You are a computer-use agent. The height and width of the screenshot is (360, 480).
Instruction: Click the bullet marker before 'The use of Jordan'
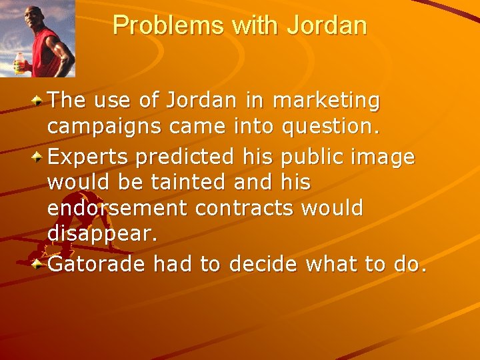pyautogui.click(x=39, y=101)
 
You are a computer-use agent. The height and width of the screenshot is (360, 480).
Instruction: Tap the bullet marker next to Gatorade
pyautogui.click(x=39, y=264)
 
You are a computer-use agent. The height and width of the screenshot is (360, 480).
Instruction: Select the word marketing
pyautogui.click(x=327, y=101)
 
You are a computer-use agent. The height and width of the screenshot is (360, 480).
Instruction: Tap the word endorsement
pyautogui.click(x=118, y=209)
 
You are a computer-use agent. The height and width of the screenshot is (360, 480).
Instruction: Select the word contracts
pyautogui.click(x=245, y=209)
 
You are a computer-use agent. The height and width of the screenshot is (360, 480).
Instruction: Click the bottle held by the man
pyautogui.click(x=19, y=64)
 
